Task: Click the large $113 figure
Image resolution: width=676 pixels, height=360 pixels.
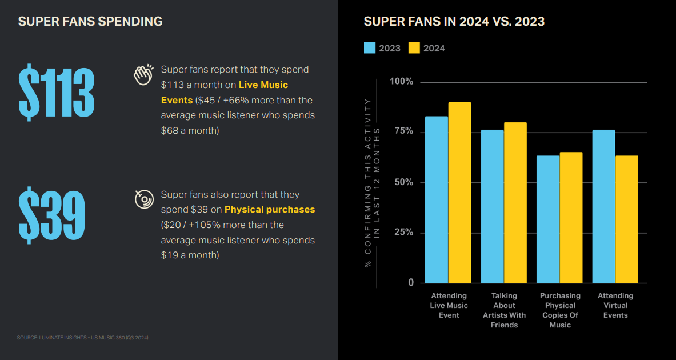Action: (56, 93)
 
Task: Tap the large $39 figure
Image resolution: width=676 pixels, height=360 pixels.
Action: (51, 215)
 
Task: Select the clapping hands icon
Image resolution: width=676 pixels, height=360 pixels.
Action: (143, 75)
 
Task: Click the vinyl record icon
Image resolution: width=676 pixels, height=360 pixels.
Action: (144, 199)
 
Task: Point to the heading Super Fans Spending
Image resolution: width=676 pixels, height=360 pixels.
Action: (90, 22)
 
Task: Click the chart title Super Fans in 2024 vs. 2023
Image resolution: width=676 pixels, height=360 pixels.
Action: (454, 22)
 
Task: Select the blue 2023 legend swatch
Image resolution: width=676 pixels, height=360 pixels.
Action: (370, 48)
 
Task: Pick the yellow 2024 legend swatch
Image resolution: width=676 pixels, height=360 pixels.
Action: (414, 48)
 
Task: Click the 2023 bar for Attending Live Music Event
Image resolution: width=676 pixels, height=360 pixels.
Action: (437, 199)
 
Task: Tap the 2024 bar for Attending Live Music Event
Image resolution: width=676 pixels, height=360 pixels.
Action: (459, 193)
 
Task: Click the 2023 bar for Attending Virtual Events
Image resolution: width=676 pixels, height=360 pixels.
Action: (603, 206)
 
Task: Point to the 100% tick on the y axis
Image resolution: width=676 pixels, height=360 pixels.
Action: (401, 82)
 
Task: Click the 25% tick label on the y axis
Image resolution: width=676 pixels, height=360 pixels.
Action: (402, 233)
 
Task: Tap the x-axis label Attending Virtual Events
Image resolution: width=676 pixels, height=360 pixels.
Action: (615, 305)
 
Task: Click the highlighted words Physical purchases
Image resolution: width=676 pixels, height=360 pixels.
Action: (270, 210)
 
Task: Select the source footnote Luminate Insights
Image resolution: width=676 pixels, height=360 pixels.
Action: (83, 338)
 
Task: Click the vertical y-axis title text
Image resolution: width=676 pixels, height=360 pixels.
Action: (372, 183)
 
